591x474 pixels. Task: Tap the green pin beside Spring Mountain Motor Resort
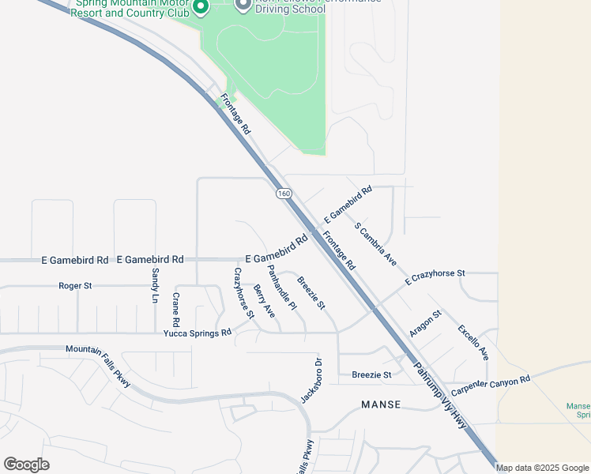(201, 8)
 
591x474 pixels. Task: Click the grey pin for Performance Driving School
(243, 5)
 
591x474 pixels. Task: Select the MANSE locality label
(381, 404)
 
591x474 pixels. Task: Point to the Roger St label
(76, 285)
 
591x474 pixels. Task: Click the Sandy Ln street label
(155, 285)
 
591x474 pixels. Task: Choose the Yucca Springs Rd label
(198, 333)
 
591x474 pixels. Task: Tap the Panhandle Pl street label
(281, 287)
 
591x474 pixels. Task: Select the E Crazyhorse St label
(435, 276)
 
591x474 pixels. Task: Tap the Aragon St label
(425, 323)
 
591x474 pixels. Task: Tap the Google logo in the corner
(26, 465)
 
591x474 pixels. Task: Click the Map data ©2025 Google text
(543, 468)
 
